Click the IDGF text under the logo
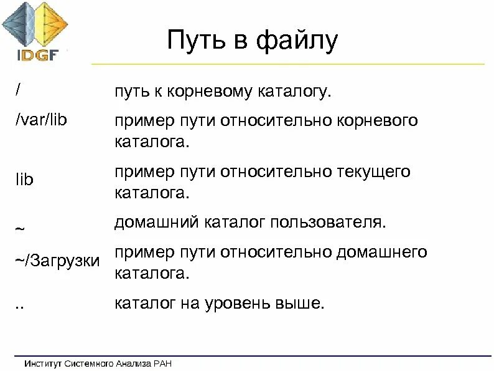(x=37, y=54)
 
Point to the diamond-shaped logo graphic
(x=35, y=24)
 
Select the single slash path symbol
(x=19, y=88)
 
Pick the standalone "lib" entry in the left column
(x=24, y=180)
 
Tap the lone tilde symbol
(x=20, y=228)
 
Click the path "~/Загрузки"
(x=58, y=259)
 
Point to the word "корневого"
(x=378, y=120)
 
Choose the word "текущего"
(x=373, y=171)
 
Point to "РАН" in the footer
(x=162, y=363)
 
